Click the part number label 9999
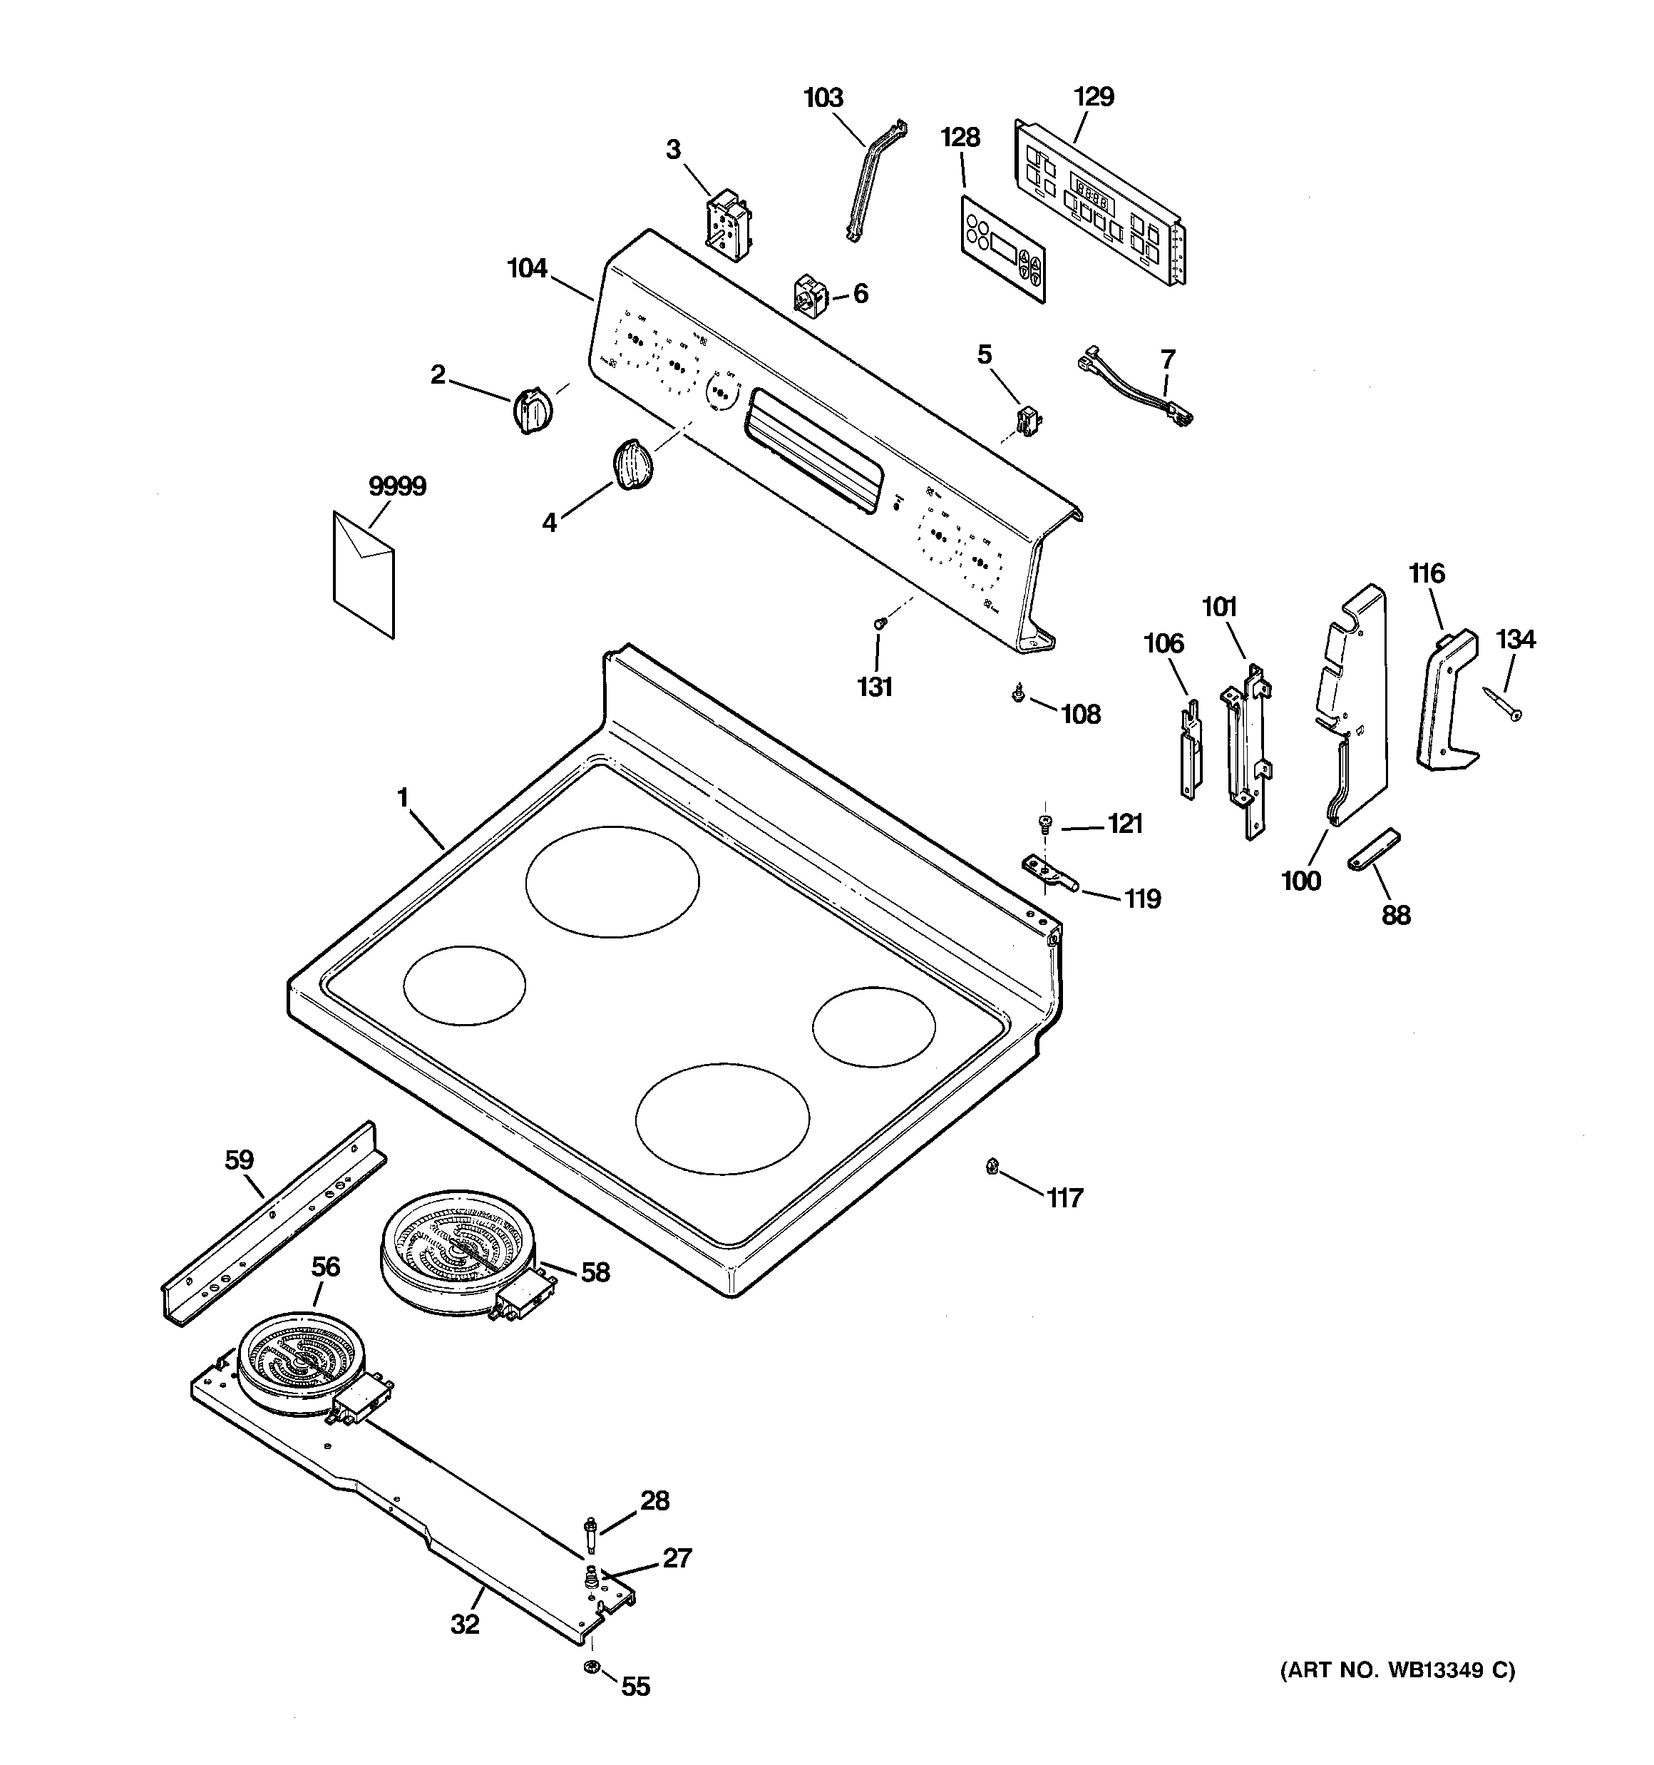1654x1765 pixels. point(397,486)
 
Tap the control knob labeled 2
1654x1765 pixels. point(533,410)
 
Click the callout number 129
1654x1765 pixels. point(1093,97)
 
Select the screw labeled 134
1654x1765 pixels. point(1501,703)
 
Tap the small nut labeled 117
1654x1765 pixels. point(992,1167)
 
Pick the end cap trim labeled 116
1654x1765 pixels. point(1444,698)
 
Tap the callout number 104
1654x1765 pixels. point(528,268)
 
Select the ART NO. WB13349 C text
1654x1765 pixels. point(1397,1669)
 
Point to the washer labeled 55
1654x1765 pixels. point(590,1667)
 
